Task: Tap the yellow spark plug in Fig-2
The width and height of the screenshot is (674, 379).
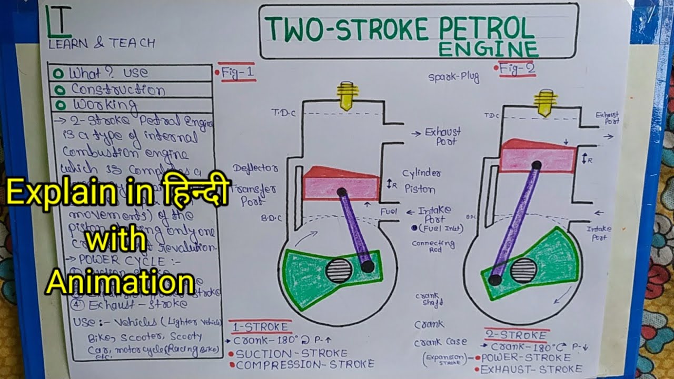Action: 546,103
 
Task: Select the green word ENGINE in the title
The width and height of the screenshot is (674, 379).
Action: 489,49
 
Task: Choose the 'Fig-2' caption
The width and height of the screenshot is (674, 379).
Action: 517,68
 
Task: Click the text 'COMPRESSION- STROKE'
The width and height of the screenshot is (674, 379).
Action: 305,364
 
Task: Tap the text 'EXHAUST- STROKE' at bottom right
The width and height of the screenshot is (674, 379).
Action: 531,369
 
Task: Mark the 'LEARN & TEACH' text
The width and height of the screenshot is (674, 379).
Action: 102,44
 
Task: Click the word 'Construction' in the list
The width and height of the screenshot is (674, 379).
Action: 117,89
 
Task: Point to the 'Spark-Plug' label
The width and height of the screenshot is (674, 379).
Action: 453,77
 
